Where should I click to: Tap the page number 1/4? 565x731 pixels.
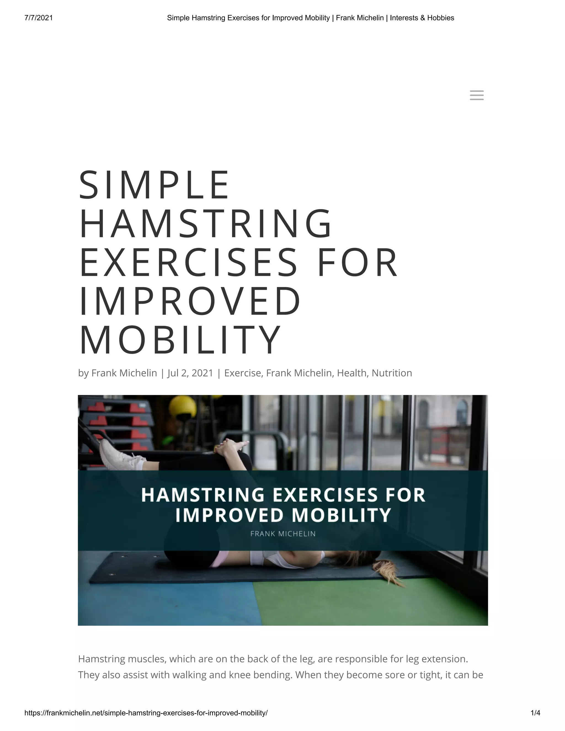click(535, 713)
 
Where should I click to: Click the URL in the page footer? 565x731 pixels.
click(146, 713)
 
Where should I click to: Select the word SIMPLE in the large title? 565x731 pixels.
click(154, 185)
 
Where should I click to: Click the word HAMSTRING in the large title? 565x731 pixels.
click(206, 224)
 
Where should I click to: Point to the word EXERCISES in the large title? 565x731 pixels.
click(188, 262)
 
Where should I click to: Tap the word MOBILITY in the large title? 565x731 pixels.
click(180, 340)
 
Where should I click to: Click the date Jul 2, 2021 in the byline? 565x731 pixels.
click(190, 373)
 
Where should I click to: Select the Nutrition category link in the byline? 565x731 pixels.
click(392, 373)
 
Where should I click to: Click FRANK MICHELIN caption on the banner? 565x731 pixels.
click(283, 534)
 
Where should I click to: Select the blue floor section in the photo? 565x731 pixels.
click(164, 602)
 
